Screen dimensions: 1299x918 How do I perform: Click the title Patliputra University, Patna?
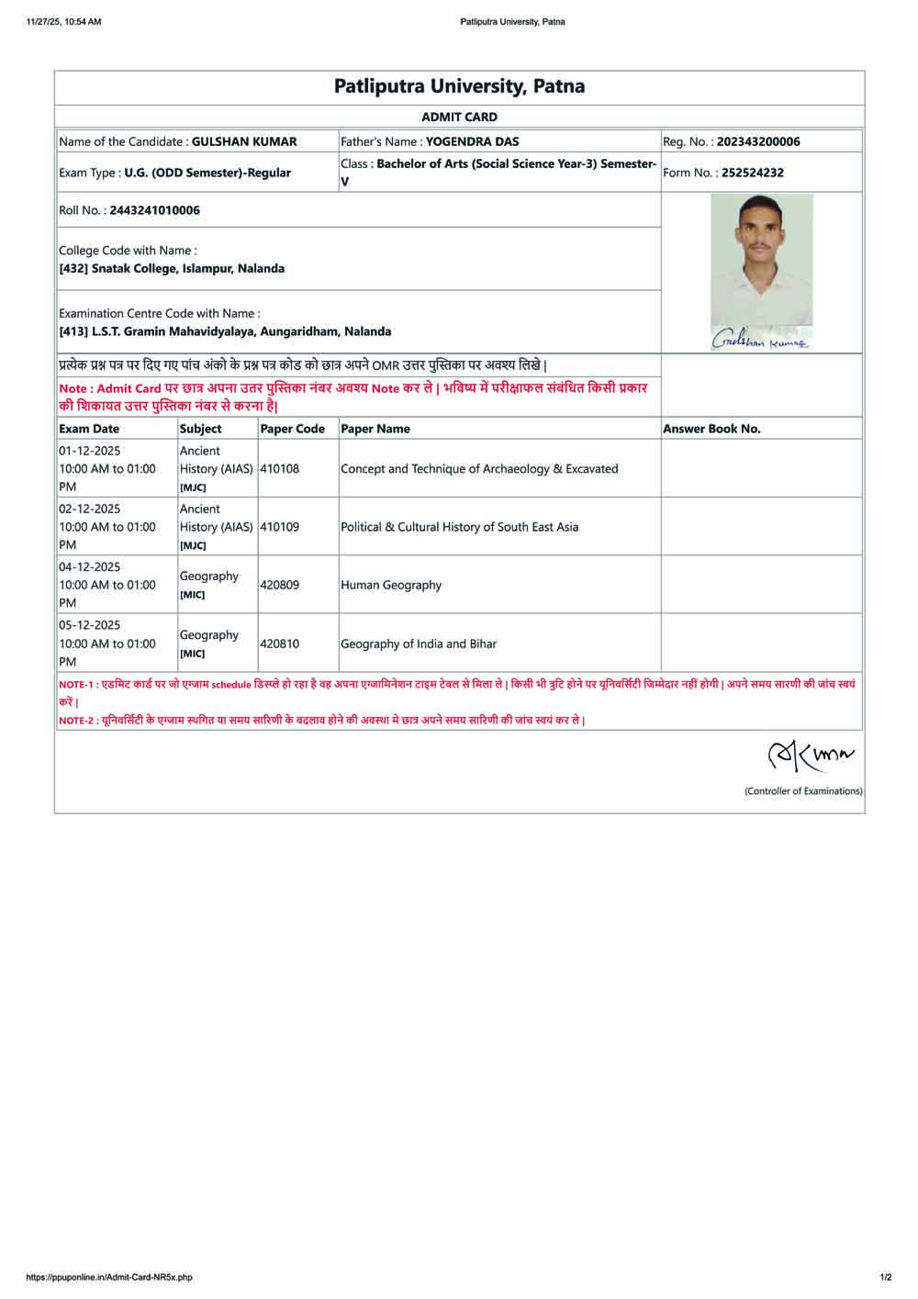click(x=459, y=86)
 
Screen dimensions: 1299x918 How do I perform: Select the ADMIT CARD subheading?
click(x=459, y=117)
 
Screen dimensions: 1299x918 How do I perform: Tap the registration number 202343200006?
click(x=757, y=141)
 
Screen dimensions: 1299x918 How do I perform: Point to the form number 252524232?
click(x=752, y=173)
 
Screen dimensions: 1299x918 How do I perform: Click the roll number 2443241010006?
click(x=154, y=210)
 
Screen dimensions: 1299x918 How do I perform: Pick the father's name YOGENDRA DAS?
click(x=472, y=141)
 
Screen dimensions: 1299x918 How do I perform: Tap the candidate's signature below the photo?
click(x=760, y=341)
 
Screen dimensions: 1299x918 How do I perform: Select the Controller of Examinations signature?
click(x=810, y=756)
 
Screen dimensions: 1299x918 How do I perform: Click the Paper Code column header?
click(x=292, y=429)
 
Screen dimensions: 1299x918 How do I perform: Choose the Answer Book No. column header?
click(x=711, y=429)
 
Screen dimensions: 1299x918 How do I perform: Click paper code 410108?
click(x=279, y=468)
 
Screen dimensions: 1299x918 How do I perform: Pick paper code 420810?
click(x=279, y=644)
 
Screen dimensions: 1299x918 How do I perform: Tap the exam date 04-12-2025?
click(x=90, y=567)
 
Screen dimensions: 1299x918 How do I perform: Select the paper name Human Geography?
click(x=391, y=585)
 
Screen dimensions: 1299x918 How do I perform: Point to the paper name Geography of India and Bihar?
click(x=419, y=644)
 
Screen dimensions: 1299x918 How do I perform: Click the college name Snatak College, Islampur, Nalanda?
click(x=187, y=269)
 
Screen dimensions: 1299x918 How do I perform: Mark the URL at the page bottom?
click(x=109, y=1277)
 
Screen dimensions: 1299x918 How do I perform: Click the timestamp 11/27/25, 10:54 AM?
click(x=64, y=22)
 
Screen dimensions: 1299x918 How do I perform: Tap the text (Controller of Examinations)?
click(x=803, y=791)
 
